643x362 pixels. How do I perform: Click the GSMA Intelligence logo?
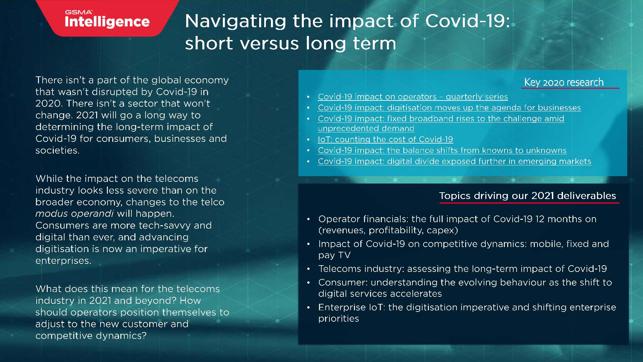(107, 19)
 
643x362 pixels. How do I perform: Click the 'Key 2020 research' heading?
(564, 82)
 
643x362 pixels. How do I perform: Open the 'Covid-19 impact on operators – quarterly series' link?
(413, 97)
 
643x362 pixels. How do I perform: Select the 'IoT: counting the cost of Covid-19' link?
(386, 139)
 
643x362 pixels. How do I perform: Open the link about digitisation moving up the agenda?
(449, 108)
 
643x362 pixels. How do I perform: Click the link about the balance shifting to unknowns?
(442, 150)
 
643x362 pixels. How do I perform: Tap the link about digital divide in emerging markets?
(454, 161)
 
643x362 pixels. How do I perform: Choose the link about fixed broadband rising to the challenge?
(441, 123)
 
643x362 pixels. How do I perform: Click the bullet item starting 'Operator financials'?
(457, 224)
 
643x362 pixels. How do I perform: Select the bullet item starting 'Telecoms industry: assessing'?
(463, 269)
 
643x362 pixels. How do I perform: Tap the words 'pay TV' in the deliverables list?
(334, 255)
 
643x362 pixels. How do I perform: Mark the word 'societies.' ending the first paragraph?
(57, 150)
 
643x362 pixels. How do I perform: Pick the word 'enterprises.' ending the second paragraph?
(64, 260)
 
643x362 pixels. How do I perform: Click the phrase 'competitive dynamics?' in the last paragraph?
(91, 336)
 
